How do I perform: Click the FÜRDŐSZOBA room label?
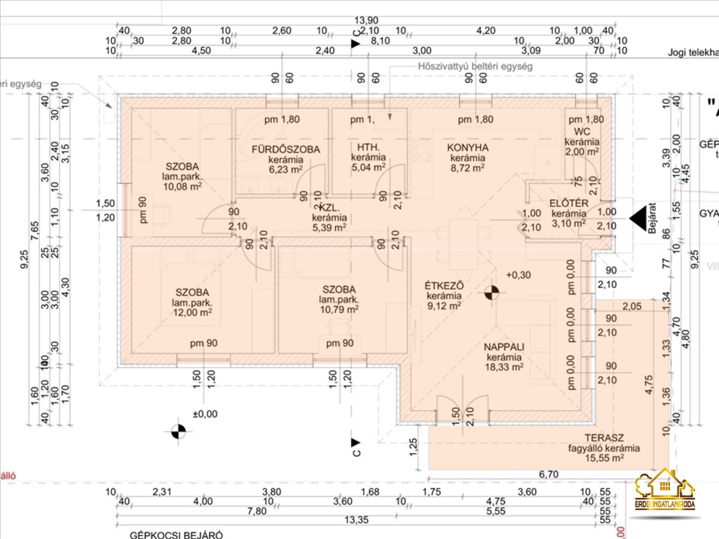(286, 149)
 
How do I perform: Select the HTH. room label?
(367, 148)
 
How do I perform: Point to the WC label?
(582, 131)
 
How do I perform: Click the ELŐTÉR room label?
(569, 202)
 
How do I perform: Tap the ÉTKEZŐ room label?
(444, 285)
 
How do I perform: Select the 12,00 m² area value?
(192, 312)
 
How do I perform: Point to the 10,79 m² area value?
(339, 309)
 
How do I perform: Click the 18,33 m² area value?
(504, 367)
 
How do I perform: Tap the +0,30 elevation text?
(519, 275)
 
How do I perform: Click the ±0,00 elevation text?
(205, 413)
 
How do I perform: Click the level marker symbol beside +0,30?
(492, 293)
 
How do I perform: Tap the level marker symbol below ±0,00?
(179, 431)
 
